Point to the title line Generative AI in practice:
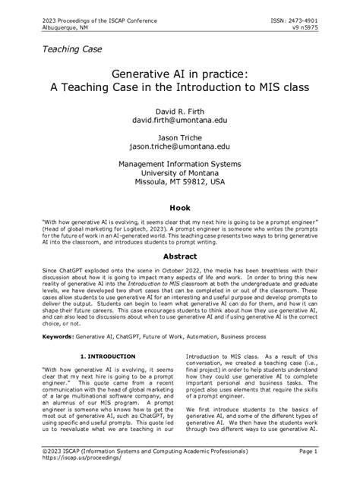pos(180,74)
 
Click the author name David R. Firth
pos(180,109)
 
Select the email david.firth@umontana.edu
pos(180,120)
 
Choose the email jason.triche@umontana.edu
pos(180,146)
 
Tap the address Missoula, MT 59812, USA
pos(180,183)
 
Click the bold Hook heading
pos(180,206)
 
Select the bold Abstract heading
pos(180,256)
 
